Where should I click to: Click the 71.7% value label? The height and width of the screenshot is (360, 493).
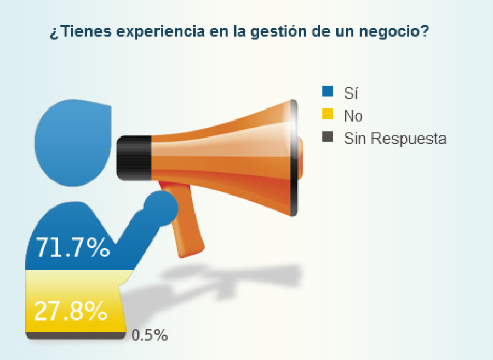73,248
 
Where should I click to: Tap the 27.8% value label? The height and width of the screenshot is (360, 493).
71,311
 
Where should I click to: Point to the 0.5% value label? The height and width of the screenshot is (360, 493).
150,335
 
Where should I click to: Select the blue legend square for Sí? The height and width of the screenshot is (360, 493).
328,93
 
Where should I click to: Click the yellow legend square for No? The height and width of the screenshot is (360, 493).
328,115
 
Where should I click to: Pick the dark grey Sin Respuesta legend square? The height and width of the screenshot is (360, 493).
328,138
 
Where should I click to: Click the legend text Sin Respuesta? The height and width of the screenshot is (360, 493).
395,139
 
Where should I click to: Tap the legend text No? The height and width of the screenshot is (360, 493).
353,116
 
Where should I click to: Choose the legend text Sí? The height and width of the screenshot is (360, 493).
350,93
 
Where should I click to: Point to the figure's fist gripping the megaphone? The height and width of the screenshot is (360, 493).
160,208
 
